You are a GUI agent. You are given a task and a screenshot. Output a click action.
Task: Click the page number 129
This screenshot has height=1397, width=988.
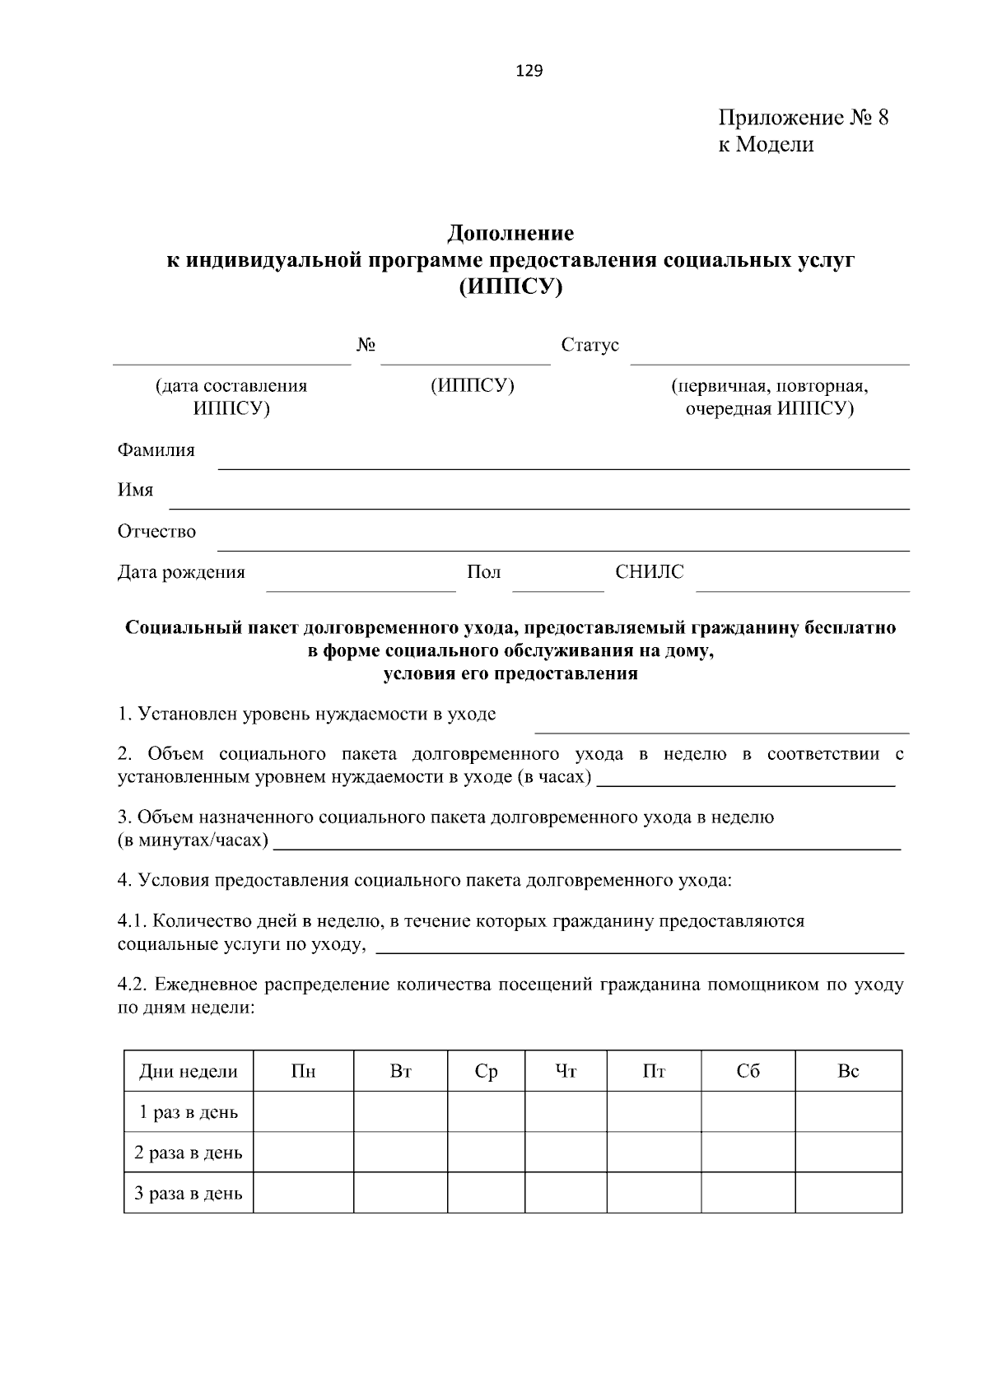[x=529, y=71]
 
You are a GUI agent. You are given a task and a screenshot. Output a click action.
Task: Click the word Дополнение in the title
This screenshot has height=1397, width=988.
[x=510, y=234]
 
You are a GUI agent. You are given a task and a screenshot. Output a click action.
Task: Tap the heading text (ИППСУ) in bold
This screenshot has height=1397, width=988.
[x=510, y=287]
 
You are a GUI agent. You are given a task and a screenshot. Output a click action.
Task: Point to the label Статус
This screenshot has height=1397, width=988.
[x=590, y=345]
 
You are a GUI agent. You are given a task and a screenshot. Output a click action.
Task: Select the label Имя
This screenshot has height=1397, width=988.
[x=135, y=491]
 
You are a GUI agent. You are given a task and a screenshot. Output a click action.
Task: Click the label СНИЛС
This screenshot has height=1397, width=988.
[x=649, y=572]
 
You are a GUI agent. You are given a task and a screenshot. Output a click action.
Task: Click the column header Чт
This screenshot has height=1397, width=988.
[x=566, y=1071]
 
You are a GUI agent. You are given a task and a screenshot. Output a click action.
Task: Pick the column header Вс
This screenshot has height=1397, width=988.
[x=848, y=1071]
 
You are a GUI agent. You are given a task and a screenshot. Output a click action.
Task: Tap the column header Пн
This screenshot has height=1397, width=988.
[x=303, y=1071]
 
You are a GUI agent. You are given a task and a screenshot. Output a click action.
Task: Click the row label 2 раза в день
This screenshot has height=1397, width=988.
[x=189, y=1153]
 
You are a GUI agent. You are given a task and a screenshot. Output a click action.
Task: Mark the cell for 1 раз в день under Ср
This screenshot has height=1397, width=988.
[x=486, y=1111]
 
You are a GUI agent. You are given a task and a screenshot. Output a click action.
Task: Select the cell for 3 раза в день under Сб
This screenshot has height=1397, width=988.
[x=748, y=1193]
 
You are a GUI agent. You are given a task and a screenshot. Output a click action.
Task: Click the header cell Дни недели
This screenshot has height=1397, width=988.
[x=189, y=1071]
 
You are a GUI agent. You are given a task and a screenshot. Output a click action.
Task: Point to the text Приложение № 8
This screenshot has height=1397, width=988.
[x=803, y=118]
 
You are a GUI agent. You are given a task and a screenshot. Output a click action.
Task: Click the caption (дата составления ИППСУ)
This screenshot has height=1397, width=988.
[x=231, y=397]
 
